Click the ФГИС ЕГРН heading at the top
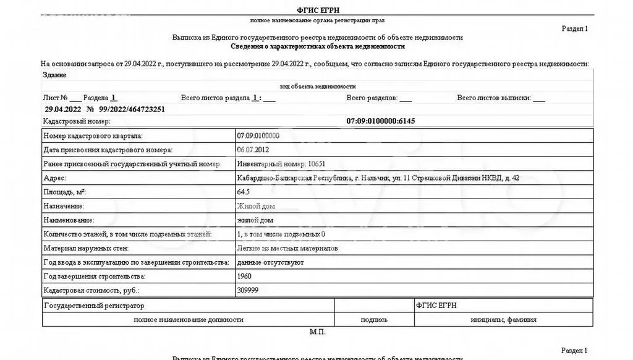(x=318, y=10)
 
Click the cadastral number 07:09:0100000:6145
(x=381, y=121)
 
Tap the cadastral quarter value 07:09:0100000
(x=258, y=135)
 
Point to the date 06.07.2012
(x=253, y=150)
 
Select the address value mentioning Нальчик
(x=378, y=178)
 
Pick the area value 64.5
(x=244, y=192)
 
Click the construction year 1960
(x=244, y=276)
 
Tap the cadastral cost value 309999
(x=247, y=290)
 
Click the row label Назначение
(x=64, y=206)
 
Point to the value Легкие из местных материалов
(x=287, y=248)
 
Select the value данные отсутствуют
(x=270, y=262)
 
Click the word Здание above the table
(x=55, y=75)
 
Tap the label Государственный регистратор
(x=94, y=306)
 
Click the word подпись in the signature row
(x=374, y=320)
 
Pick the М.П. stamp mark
(x=317, y=332)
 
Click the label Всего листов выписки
(x=493, y=98)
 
